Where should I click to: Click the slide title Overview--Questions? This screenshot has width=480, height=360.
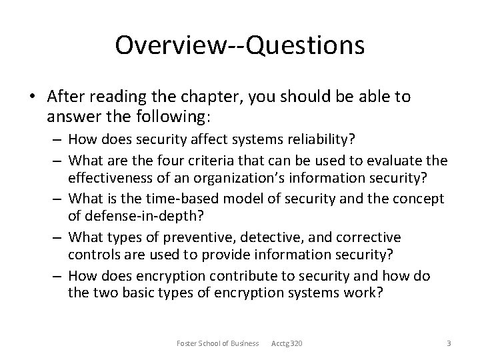pyautogui.click(x=239, y=45)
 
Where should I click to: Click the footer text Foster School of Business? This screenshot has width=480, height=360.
pyautogui.click(x=217, y=343)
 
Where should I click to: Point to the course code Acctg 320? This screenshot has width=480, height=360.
pyautogui.click(x=287, y=343)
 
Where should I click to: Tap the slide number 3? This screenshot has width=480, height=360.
pyautogui.click(x=449, y=343)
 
